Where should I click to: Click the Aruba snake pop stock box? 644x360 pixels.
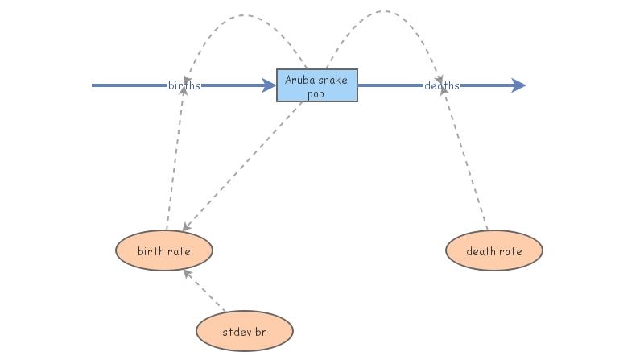point(316,85)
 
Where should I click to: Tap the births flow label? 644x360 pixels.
point(184,85)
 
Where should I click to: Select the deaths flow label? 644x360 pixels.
point(442,85)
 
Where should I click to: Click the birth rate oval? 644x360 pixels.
point(163,251)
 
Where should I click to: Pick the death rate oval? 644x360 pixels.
point(494,251)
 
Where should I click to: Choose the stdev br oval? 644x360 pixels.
point(244,330)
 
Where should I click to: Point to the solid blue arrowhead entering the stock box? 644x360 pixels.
point(270,85)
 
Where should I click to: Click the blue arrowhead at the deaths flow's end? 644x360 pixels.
point(518,85)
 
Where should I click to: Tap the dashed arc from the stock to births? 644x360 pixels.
point(242,19)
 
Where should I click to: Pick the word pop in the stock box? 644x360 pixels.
point(316,93)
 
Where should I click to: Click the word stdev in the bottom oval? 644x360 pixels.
point(236,330)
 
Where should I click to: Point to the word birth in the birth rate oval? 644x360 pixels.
point(151,251)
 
